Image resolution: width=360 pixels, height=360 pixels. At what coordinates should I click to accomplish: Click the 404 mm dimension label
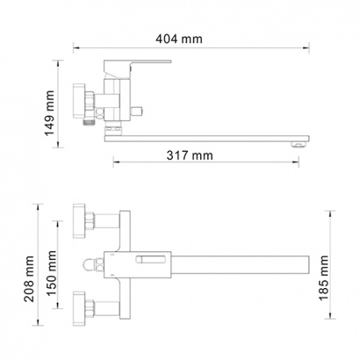(x=179, y=39)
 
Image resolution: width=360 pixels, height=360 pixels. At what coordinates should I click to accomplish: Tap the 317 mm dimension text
(x=190, y=155)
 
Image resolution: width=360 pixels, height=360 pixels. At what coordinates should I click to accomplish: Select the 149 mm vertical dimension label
(x=50, y=114)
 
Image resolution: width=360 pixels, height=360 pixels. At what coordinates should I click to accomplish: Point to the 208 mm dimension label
(x=29, y=278)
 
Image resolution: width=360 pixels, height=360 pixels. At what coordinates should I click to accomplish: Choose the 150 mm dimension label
(x=51, y=274)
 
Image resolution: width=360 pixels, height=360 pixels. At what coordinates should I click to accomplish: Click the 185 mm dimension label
(x=324, y=278)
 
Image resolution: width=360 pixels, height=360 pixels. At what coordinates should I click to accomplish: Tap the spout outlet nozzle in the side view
(x=298, y=144)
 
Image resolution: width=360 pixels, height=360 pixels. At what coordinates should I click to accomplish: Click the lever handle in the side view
(x=137, y=66)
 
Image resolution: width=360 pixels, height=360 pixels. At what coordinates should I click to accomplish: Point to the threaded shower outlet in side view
(x=88, y=122)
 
